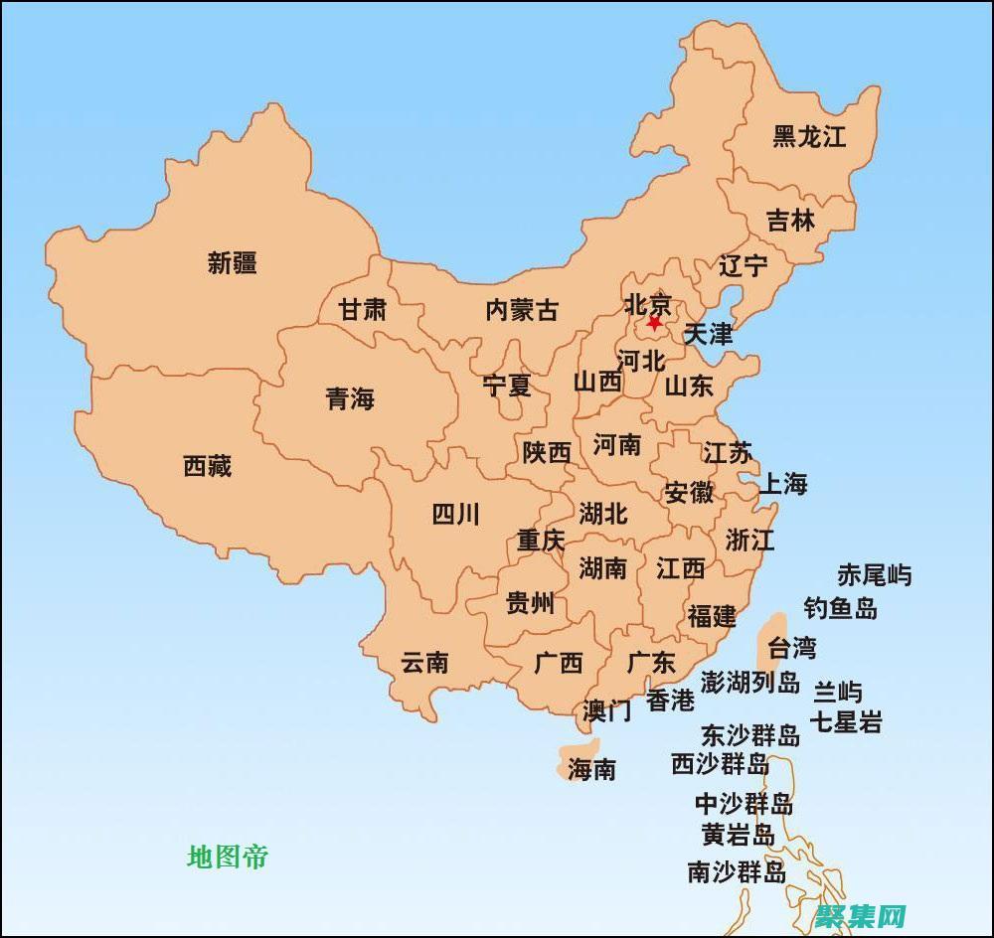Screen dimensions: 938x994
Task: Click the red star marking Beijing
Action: tap(654, 323)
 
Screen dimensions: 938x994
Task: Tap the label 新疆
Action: tap(233, 263)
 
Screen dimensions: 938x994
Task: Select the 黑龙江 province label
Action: tap(809, 137)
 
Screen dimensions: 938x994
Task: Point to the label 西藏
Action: tap(208, 465)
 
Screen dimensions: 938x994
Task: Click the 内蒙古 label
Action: tap(522, 310)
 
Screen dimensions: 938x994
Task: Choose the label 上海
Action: tap(783, 484)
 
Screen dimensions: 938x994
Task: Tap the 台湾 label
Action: tap(792, 648)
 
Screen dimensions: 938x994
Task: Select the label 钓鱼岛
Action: tap(841, 608)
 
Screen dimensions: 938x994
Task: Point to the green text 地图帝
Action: tap(228, 857)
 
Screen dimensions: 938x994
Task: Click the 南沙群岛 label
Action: tap(738, 872)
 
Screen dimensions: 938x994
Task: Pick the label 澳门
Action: tap(607, 710)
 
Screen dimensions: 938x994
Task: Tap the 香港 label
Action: tap(671, 701)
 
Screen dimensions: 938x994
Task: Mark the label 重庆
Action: tap(541, 541)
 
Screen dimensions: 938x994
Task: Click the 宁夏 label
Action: tap(507, 386)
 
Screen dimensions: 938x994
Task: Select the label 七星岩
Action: tap(846, 722)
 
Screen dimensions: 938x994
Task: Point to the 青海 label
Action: tap(350, 399)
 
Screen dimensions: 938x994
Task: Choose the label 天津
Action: tap(709, 334)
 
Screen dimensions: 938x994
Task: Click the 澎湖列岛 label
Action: tap(749, 682)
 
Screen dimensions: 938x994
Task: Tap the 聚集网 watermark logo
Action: tap(861, 915)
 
